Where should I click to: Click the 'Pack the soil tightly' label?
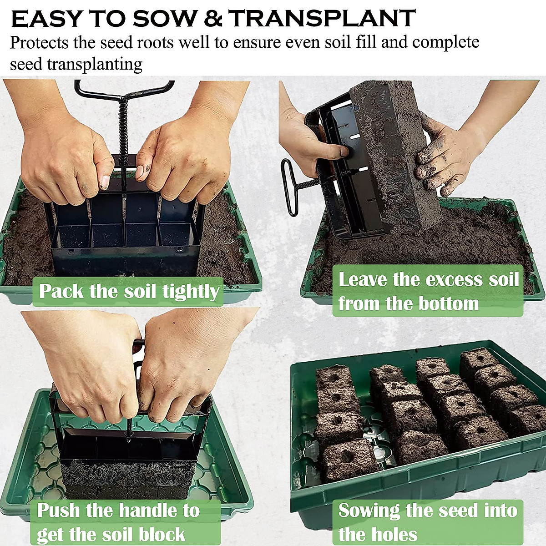pyautogui.click(x=129, y=291)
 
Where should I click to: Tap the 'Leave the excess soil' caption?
pyautogui.click(x=428, y=279)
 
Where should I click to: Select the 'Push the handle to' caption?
pyautogui.click(x=118, y=510)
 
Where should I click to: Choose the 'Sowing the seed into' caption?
pyautogui.click(x=428, y=510)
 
